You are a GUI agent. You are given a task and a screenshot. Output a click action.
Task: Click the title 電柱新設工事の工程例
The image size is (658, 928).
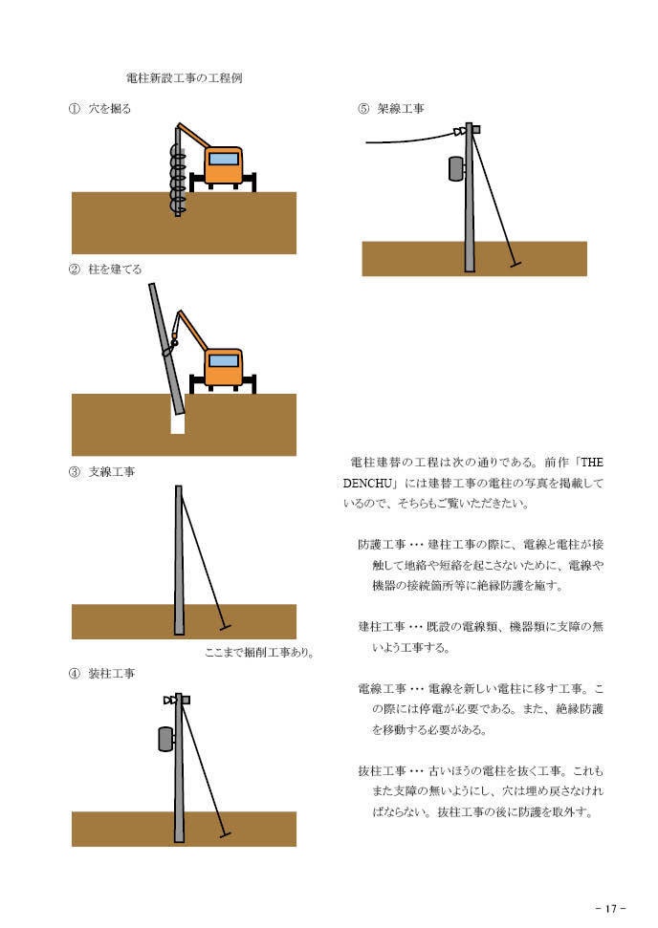click(x=184, y=77)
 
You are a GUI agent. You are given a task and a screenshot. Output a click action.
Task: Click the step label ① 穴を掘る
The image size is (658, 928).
click(x=99, y=109)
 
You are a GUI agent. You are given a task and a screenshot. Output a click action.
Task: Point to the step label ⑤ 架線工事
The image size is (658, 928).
click(x=391, y=109)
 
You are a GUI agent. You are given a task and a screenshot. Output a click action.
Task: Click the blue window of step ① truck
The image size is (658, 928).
click(x=224, y=159)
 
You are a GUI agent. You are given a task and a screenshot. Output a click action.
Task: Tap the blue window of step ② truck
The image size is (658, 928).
click(x=224, y=360)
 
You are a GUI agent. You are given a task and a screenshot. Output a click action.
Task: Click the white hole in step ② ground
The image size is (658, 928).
click(x=178, y=421)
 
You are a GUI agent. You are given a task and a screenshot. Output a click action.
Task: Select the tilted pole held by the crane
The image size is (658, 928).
click(x=164, y=344)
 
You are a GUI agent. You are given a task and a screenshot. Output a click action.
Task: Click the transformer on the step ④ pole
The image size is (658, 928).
click(x=165, y=740)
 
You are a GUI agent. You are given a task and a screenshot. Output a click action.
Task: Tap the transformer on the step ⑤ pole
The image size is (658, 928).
click(x=455, y=168)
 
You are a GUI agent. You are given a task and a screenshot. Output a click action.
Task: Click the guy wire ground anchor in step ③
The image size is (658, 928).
click(x=226, y=627)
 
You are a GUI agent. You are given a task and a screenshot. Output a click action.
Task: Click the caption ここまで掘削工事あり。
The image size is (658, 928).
click(x=259, y=654)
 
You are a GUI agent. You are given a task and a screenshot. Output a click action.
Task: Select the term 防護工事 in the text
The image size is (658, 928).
click(x=380, y=544)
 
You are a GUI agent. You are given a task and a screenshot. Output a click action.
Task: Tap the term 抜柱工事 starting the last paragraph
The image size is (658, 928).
click(x=380, y=770)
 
